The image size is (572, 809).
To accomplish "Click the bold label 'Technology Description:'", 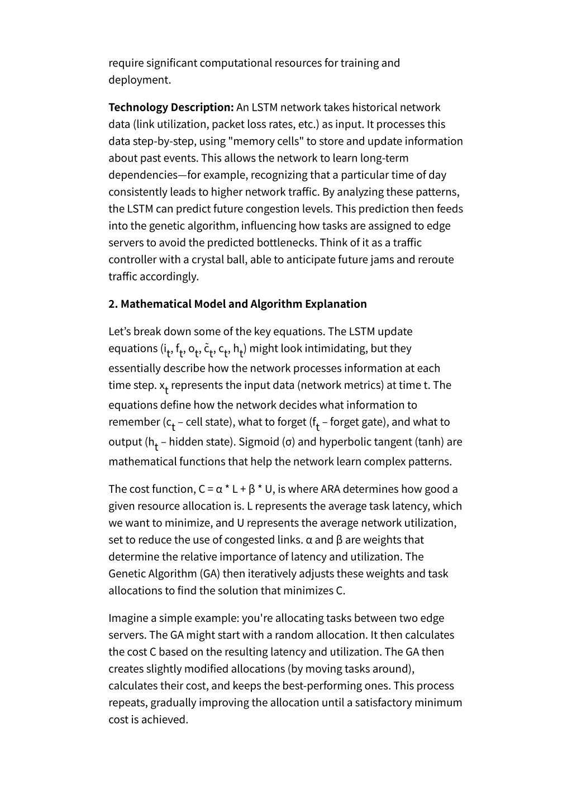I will tap(171, 107).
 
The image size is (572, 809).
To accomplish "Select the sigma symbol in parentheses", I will tap(289, 441).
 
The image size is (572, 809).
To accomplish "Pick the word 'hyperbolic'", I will tap(346, 441).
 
